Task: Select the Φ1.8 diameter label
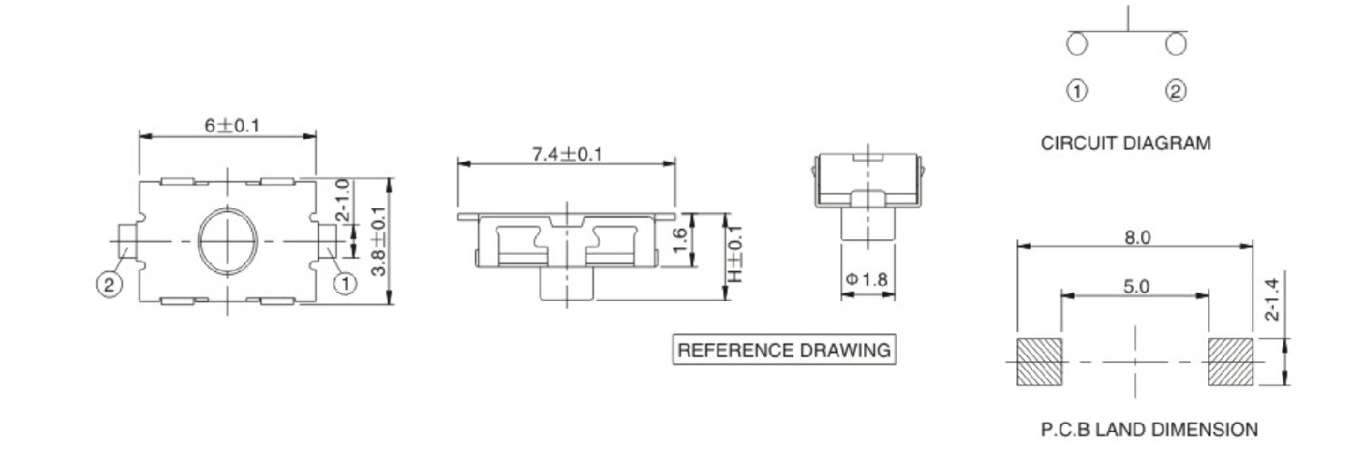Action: point(867,280)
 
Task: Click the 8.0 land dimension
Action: point(1136,237)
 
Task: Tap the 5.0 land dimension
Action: point(1135,286)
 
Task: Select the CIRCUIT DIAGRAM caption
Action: point(1126,143)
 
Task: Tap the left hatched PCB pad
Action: point(1039,360)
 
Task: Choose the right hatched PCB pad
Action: point(1231,360)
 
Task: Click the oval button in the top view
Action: point(228,240)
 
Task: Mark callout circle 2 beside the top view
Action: point(108,285)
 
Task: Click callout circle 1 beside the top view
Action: point(345,285)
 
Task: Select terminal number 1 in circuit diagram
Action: point(1077,91)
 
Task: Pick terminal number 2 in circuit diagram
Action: point(1176,91)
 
